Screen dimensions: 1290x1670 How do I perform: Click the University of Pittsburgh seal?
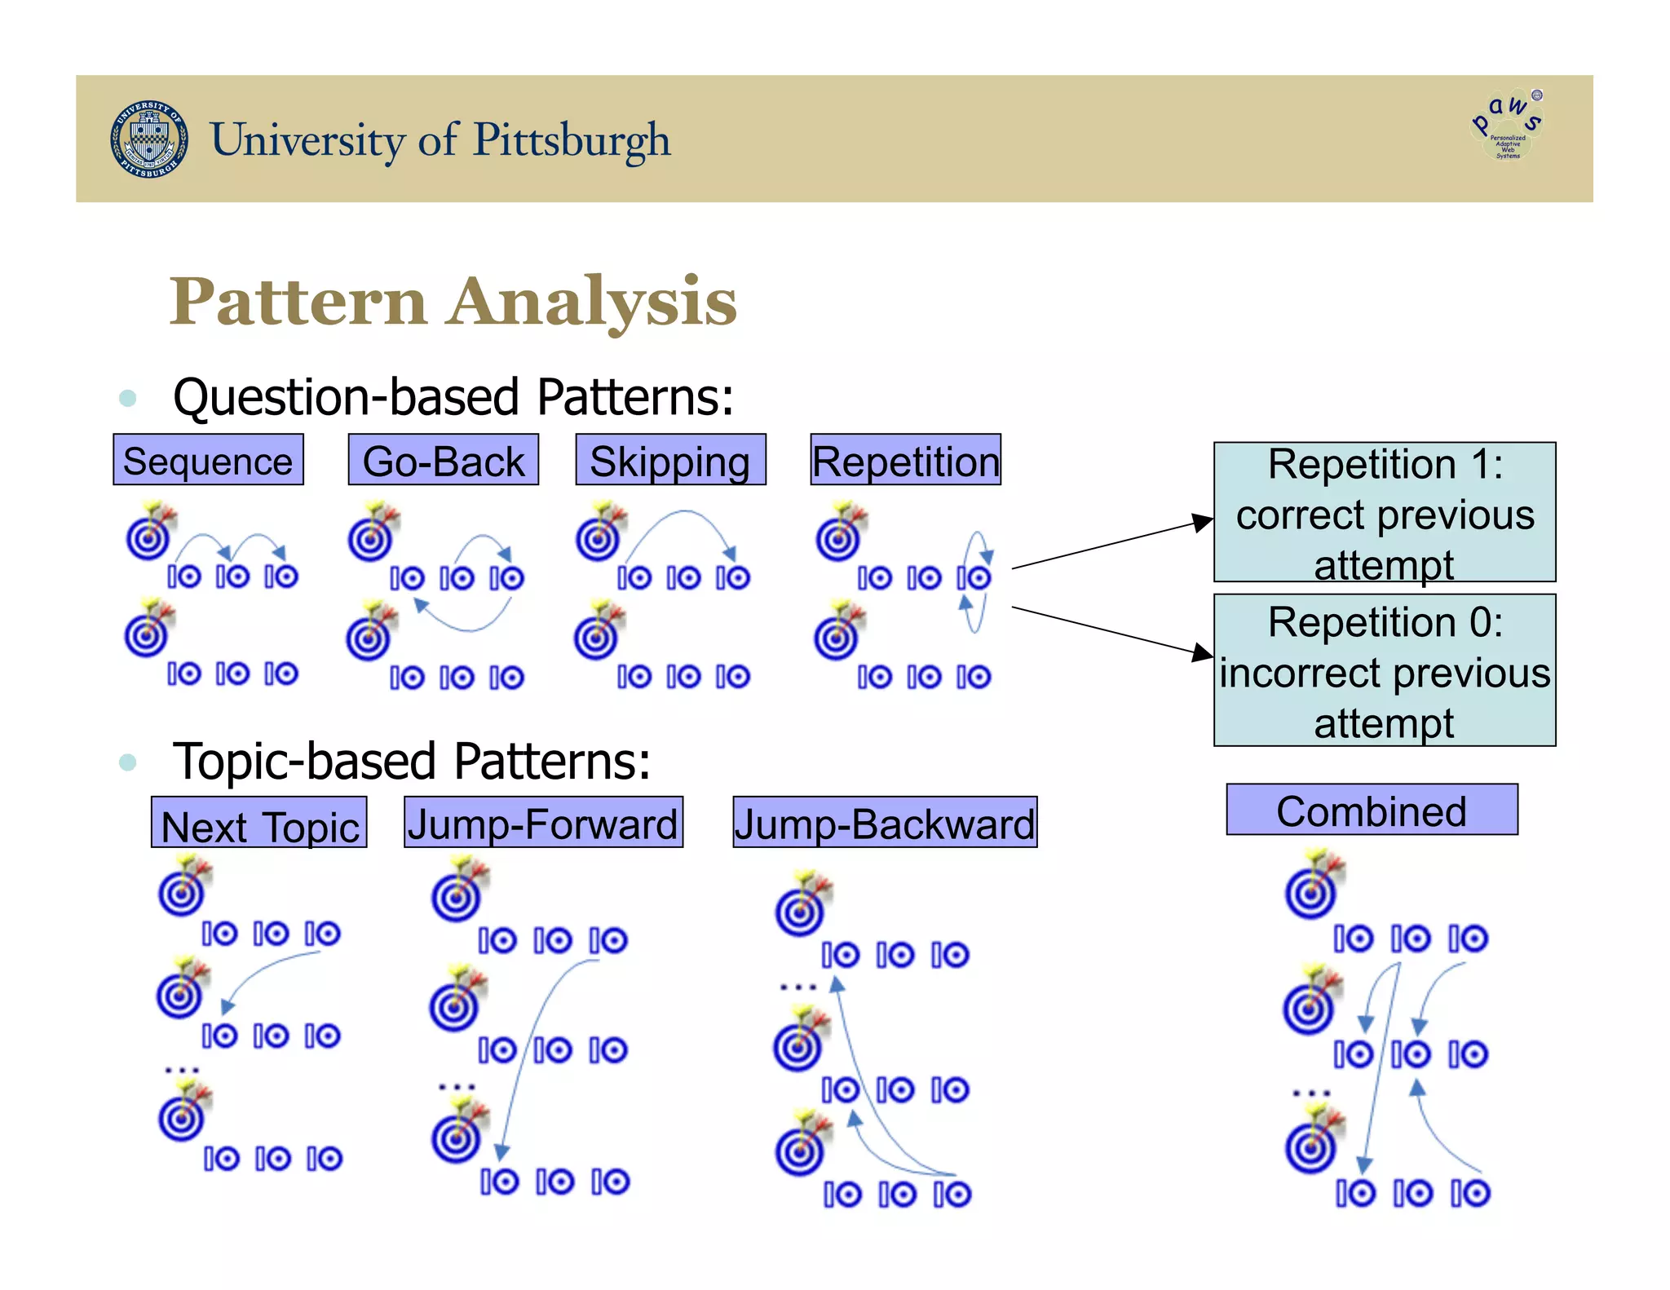(x=149, y=139)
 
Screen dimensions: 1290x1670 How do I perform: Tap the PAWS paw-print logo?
(x=1508, y=126)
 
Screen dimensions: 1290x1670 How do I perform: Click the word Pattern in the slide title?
(x=298, y=302)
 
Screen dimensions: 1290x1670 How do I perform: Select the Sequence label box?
(x=208, y=460)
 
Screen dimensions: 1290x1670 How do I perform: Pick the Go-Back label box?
(x=443, y=460)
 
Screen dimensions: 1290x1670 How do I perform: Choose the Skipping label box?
(x=670, y=460)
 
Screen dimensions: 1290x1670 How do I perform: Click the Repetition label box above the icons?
(x=905, y=460)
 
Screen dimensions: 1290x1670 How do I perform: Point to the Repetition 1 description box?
(x=1384, y=512)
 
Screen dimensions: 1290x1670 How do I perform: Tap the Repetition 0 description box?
(x=1384, y=670)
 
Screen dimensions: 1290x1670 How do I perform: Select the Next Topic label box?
(x=259, y=824)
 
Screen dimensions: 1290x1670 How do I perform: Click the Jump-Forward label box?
(x=543, y=823)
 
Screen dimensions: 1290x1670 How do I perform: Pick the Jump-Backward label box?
(x=885, y=823)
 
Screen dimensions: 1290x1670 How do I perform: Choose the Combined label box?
(x=1372, y=810)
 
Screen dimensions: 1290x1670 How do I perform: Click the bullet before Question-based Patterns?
(x=127, y=398)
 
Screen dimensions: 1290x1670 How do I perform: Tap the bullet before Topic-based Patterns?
(x=127, y=762)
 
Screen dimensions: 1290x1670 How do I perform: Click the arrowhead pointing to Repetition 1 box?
(x=1203, y=522)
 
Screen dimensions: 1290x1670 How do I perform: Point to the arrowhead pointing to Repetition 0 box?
(x=1203, y=652)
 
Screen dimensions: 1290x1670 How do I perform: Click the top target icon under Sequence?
(x=151, y=532)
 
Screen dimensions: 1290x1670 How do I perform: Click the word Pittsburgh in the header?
(x=572, y=140)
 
